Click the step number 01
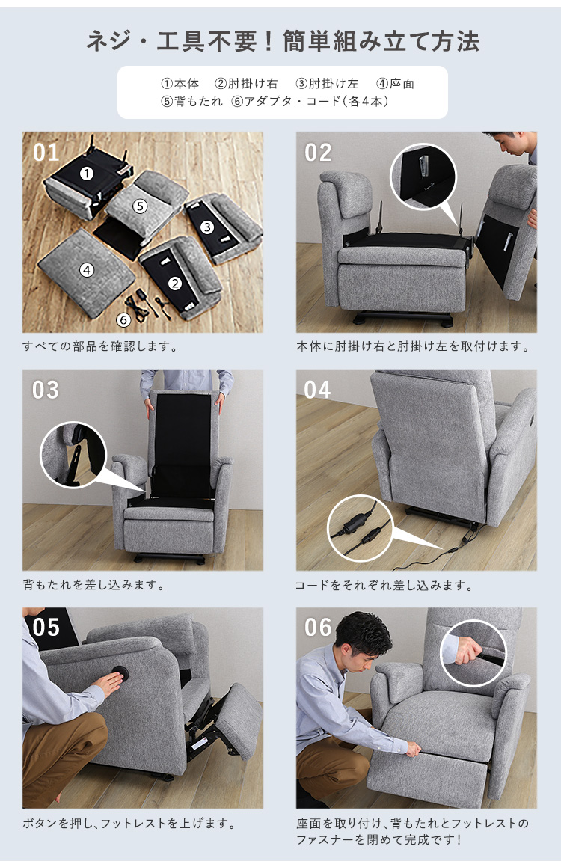coord(46,153)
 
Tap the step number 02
coord(319,153)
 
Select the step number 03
coord(46,390)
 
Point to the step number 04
coord(318,390)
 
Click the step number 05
coord(46,628)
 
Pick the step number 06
coord(319,628)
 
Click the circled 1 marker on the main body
coord(87,174)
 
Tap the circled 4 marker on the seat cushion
coord(87,270)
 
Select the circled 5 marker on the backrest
coord(140,206)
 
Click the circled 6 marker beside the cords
coord(123,319)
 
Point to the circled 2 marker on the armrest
coord(175,284)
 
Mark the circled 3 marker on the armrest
coord(207,227)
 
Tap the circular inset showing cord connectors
coord(361,528)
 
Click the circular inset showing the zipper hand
coord(473,654)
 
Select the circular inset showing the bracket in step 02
coord(423,177)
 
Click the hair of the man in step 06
coord(364,631)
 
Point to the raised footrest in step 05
coord(237,722)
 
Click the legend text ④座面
coord(395,84)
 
